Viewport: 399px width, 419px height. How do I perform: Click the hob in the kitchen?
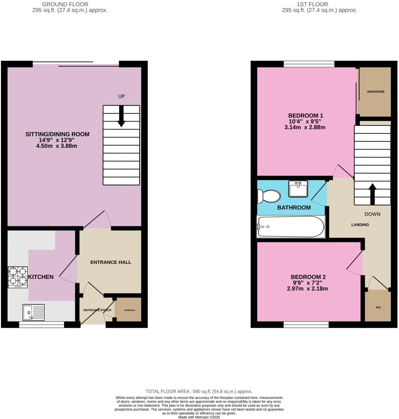click(18, 277)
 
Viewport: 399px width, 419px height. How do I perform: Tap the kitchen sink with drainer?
click(34, 313)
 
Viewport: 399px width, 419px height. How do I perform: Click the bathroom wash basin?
click(298, 189)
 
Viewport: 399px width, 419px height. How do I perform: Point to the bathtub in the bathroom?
click(291, 227)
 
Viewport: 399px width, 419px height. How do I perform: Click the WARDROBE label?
click(376, 92)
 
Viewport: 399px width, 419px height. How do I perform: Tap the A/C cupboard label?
click(378, 307)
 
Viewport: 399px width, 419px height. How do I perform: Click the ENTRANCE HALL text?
click(111, 262)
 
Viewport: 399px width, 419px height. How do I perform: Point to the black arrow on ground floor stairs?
click(121, 116)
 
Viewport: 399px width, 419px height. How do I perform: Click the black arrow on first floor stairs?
click(372, 194)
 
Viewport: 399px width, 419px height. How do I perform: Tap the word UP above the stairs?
click(121, 96)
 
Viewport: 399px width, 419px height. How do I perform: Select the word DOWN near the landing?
click(372, 214)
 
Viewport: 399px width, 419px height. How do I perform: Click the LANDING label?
click(360, 225)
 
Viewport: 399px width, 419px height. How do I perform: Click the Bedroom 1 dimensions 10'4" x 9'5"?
click(305, 121)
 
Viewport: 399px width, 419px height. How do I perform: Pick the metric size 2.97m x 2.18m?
click(307, 289)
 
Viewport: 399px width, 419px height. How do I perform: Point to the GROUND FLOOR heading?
click(65, 4)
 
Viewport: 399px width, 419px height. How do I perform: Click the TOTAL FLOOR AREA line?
click(199, 391)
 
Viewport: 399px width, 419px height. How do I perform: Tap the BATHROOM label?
click(294, 207)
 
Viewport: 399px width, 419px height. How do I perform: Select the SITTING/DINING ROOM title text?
click(57, 134)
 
